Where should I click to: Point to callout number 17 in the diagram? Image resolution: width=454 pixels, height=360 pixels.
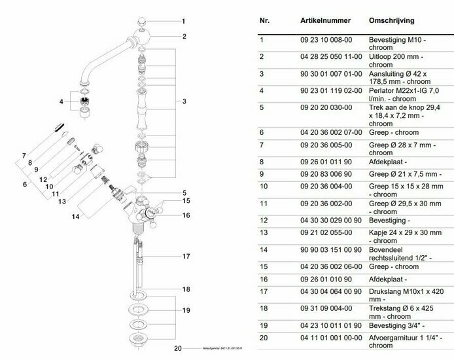click(186, 255)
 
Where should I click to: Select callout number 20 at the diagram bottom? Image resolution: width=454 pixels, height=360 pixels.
click(177, 348)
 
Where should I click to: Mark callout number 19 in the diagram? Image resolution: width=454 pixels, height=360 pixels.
click(186, 310)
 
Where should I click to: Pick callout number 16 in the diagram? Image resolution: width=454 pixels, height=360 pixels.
click(186, 215)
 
